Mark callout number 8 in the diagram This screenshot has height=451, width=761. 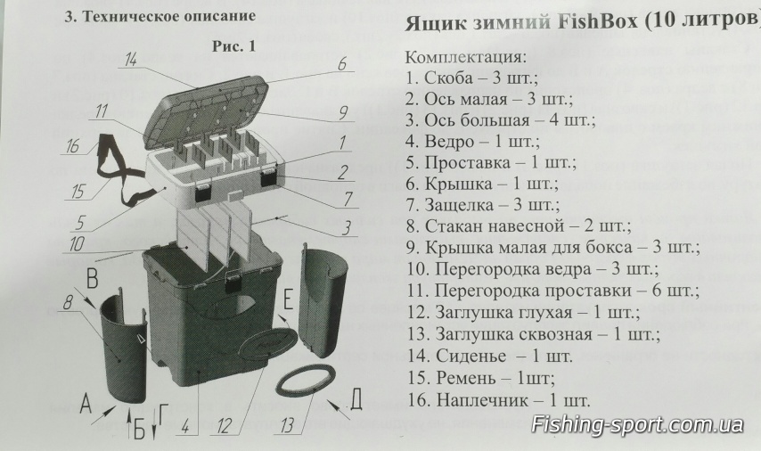pyautogui.click(x=67, y=303)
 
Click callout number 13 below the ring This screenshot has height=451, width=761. pyautogui.click(x=286, y=426)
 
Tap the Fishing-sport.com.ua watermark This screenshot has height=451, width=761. pyautogui.click(x=637, y=424)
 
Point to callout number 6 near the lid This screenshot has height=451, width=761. pyautogui.click(x=341, y=64)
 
